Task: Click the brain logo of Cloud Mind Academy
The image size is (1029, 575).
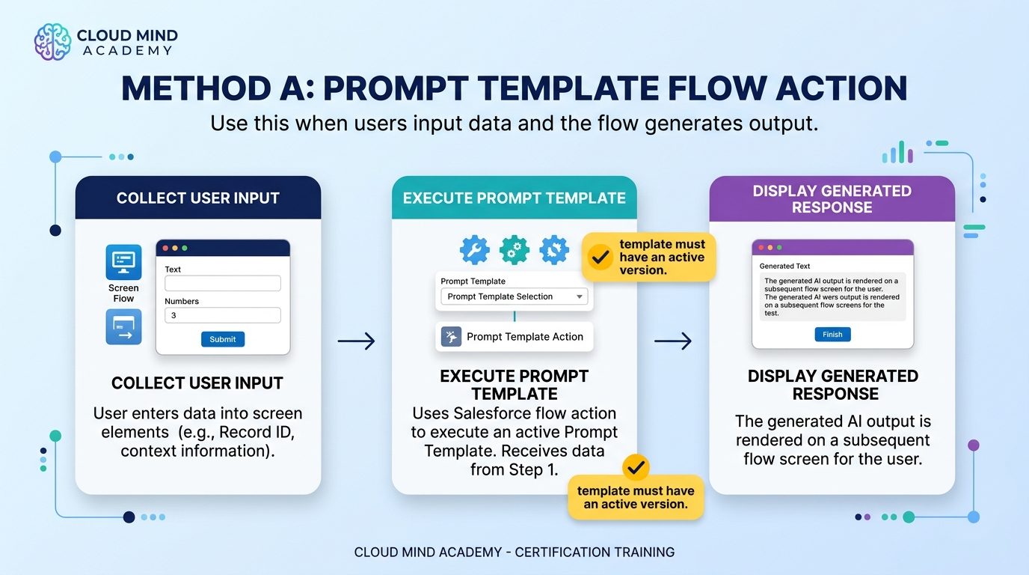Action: (x=53, y=42)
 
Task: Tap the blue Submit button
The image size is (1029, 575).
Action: (x=223, y=339)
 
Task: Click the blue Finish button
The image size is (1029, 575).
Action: (x=832, y=335)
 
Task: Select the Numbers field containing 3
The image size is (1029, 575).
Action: (x=223, y=315)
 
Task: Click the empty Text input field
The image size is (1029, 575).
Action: (x=223, y=283)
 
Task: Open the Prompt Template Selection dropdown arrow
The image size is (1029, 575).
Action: (x=580, y=296)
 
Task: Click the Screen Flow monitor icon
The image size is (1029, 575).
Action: (x=123, y=262)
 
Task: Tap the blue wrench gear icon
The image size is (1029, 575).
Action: (x=475, y=250)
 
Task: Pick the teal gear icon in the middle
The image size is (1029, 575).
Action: (x=514, y=250)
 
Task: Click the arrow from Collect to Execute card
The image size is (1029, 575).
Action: (x=357, y=341)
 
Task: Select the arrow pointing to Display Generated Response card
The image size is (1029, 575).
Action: (x=673, y=341)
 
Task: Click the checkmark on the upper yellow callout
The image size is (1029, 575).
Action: (x=600, y=257)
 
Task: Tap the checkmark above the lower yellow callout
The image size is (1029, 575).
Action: (x=636, y=467)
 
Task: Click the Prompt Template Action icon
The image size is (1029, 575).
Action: (x=451, y=337)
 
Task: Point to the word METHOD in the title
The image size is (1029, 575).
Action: (x=197, y=88)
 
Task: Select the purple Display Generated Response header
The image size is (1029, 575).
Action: (x=832, y=198)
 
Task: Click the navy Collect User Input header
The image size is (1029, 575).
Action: (x=198, y=198)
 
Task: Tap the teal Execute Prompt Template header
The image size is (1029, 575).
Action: (x=514, y=198)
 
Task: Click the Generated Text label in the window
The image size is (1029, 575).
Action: (x=784, y=266)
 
